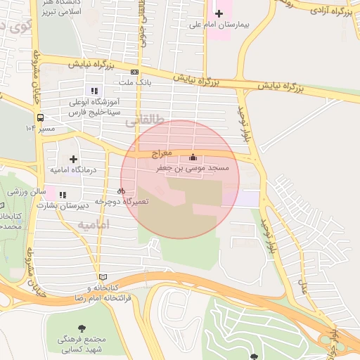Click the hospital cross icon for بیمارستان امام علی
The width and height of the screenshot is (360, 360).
pos(219,13)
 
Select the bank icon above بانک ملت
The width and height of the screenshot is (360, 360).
pos(134,72)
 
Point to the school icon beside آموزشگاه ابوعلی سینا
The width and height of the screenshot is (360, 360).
pos(94,90)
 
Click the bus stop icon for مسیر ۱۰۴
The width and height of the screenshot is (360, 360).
pos(40,118)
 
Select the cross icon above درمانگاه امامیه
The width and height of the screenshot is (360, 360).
pos(74,160)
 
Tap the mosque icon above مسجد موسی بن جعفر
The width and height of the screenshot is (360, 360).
pos(193,157)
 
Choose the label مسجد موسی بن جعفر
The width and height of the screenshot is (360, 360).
pos(193,169)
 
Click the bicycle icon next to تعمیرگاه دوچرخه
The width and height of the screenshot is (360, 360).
pos(122,191)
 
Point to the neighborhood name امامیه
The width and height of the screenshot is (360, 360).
pos(94,225)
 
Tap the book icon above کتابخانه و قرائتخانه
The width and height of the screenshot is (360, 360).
pos(104,277)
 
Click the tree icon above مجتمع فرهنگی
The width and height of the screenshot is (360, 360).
pos(83,328)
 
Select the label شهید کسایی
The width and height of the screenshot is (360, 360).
pos(82,349)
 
